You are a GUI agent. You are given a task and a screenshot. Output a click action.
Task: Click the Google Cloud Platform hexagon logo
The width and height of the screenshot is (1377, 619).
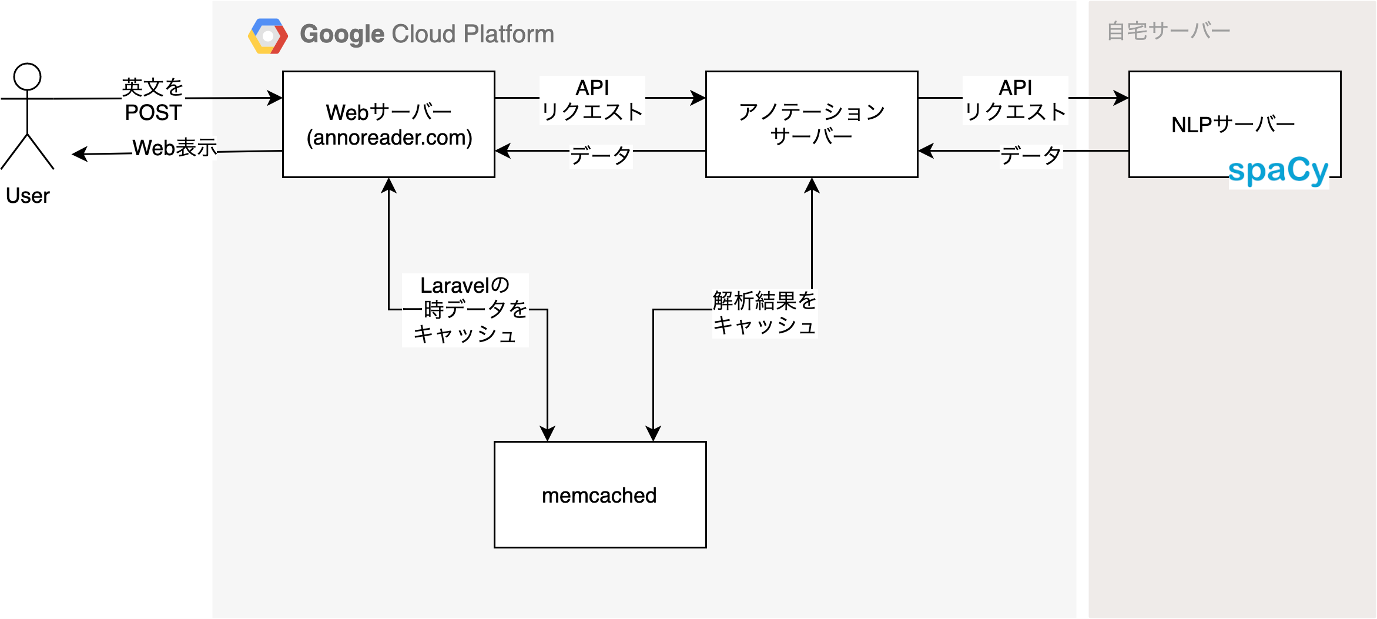pyautogui.click(x=268, y=36)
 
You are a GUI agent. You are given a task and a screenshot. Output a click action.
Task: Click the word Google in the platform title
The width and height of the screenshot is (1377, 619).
pyautogui.click(x=342, y=34)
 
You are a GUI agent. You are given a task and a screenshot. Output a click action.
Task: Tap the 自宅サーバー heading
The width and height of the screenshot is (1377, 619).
pyautogui.click(x=1168, y=31)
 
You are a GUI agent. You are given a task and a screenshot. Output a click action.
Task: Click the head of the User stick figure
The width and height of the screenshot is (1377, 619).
pyautogui.click(x=27, y=76)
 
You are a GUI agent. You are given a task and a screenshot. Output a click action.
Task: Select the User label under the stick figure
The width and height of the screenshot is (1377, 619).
pyautogui.click(x=28, y=195)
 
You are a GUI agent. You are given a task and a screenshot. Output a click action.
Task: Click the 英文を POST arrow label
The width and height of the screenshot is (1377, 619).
pyautogui.click(x=153, y=100)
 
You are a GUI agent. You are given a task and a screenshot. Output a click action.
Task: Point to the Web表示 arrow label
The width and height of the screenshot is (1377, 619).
pyautogui.click(x=175, y=148)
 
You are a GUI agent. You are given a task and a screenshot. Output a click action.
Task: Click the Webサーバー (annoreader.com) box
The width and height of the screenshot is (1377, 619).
pyautogui.click(x=388, y=124)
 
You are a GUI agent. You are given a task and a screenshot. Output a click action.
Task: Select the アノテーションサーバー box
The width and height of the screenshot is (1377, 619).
pyautogui.click(x=811, y=124)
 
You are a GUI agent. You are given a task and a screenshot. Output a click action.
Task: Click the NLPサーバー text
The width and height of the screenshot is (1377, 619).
pyautogui.click(x=1233, y=125)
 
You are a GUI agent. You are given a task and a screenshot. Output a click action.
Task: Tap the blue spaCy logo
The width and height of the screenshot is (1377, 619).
pyautogui.click(x=1278, y=171)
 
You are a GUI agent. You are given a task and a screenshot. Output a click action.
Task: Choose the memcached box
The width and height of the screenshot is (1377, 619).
pyautogui.click(x=599, y=494)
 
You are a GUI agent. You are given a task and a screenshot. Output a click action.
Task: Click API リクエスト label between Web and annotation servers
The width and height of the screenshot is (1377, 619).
pyautogui.click(x=592, y=100)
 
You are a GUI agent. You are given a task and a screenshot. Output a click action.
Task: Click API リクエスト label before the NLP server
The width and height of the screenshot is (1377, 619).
pyautogui.click(x=1015, y=100)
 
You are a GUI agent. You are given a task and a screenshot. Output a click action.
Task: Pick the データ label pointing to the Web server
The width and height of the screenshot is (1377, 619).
pyautogui.click(x=601, y=156)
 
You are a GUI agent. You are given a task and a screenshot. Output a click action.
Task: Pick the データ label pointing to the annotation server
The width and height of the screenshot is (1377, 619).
pyautogui.click(x=1031, y=156)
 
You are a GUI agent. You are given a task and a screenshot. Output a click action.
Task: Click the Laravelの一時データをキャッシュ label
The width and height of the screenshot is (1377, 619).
pyautogui.click(x=465, y=310)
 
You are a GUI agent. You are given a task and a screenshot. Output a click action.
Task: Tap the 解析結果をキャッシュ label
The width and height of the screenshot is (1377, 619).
pyautogui.click(x=764, y=313)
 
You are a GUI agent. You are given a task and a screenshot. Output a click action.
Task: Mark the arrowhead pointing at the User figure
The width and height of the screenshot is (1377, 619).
pyautogui.click(x=79, y=154)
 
